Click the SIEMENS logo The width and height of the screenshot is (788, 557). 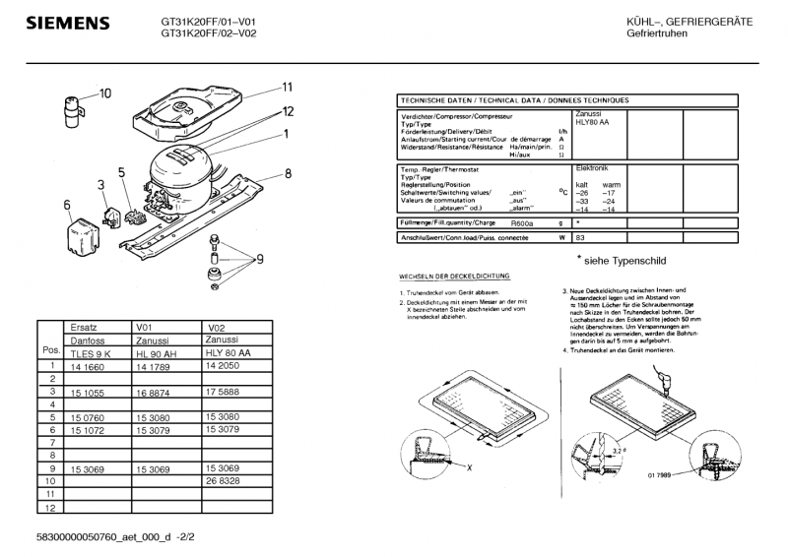(x=67, y=23)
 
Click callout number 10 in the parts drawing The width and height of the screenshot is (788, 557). (x=105, y=93)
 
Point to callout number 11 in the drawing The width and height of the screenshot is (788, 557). (x=289, y=86)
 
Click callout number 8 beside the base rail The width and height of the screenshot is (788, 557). (x=288, y=174)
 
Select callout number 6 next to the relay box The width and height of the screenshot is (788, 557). (x=67, y=205)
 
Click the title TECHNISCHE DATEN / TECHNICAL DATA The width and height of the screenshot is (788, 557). (x=511, y=101)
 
